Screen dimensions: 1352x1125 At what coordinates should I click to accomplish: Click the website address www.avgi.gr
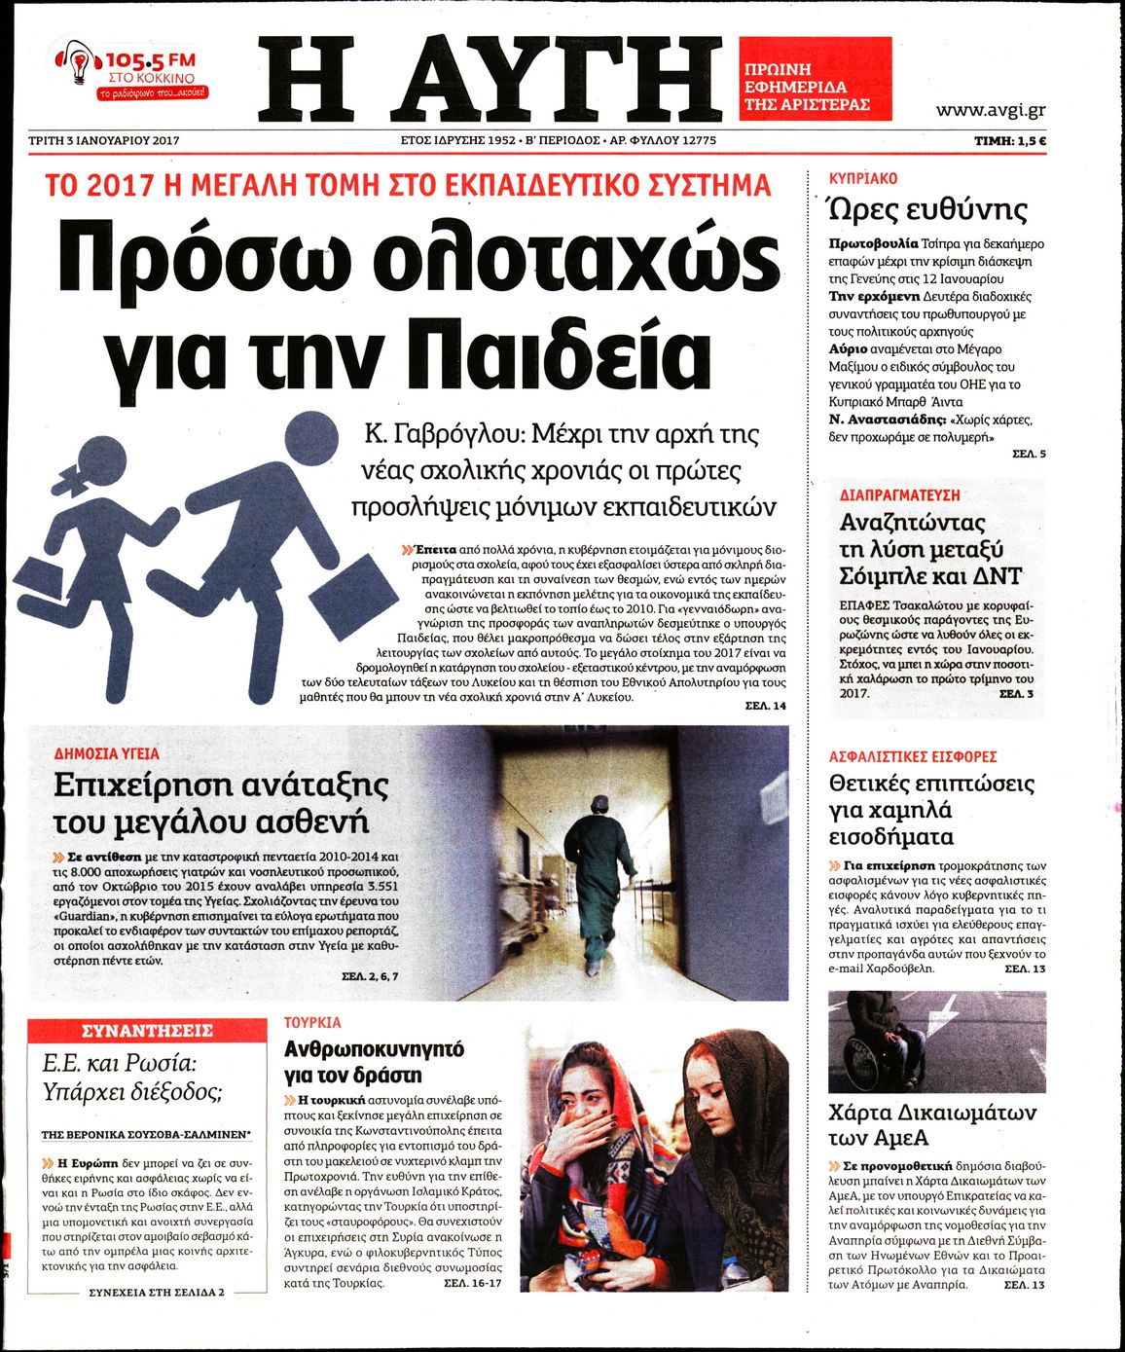pos(991,110)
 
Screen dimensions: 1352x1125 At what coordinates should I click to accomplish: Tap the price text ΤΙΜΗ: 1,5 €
pos(1010,141)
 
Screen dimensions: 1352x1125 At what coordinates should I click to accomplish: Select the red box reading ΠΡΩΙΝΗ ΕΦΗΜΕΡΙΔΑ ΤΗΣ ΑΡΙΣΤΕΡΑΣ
pos(815,79)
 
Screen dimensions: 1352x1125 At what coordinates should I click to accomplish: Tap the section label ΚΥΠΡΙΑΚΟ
pos(863,179)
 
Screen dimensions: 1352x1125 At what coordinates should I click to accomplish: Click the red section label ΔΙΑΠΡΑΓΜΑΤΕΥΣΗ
pos(899,495)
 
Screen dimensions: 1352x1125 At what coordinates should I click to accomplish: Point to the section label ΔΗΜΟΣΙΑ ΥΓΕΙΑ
pos(107,753)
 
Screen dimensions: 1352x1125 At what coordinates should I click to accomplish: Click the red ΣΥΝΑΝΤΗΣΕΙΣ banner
pos(147,1031)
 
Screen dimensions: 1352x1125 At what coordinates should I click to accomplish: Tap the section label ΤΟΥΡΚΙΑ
pos(312,1023)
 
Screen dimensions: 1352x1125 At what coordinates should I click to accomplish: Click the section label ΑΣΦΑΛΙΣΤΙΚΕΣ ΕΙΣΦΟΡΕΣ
pos(913,756)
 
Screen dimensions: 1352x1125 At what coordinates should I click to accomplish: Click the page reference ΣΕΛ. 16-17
pos(473,1284)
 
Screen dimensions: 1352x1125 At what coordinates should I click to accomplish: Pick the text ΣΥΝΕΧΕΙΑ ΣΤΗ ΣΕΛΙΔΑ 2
pos(157,1292)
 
